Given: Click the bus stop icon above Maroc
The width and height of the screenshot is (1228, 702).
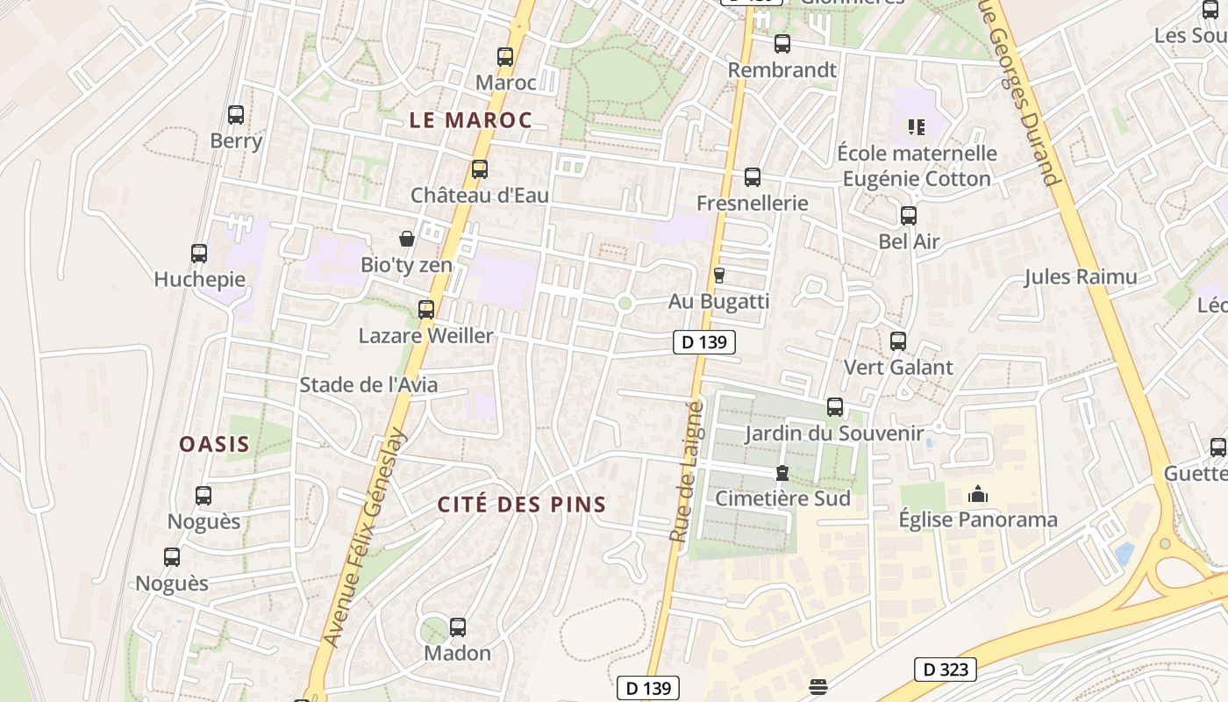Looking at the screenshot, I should [505, 57].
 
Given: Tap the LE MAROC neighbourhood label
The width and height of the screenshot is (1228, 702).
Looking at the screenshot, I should [471, 120].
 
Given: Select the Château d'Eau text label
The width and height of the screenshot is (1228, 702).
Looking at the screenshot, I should [480, 195].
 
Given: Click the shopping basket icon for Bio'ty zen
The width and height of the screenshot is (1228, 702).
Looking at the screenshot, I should [407, 239].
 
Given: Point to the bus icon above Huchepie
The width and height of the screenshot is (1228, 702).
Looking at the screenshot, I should [199, 254].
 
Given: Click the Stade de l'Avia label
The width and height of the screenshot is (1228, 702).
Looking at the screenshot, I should [368, 384].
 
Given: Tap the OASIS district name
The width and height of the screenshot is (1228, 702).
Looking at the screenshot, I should [215, 444].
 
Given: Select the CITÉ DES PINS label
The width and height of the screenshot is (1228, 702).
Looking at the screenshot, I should [522, 505].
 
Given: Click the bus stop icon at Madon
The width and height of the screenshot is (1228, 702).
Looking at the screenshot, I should [458, 627].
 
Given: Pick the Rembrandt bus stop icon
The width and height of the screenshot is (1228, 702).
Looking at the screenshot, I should [782, 44].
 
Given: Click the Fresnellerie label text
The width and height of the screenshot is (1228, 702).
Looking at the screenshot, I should [752, 204].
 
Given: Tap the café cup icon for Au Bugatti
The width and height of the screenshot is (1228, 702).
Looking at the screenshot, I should [719, 276].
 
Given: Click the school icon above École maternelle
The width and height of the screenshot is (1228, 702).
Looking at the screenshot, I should [917, 127].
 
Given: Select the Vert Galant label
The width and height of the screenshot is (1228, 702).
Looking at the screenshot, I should [897, 367].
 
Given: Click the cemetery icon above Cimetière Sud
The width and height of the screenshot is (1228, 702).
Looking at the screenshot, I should [782, 474].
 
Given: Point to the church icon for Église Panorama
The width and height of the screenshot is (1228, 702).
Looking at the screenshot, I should [978, 495].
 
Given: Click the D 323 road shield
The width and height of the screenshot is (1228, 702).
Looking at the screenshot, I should [946, 670].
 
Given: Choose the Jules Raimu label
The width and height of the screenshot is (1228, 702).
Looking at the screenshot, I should [1081, 277].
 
